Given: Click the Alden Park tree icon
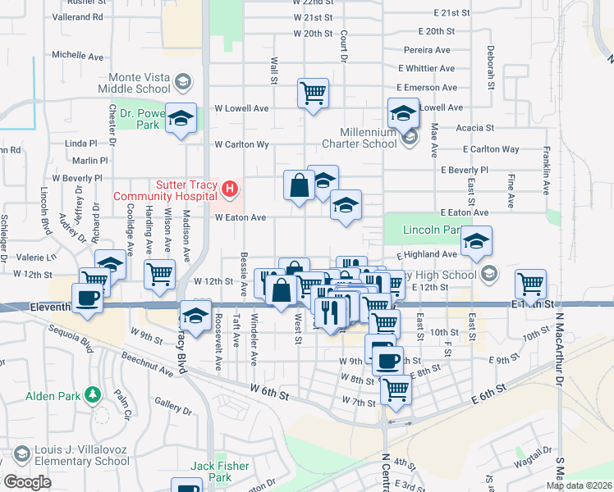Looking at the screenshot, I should point(94,396).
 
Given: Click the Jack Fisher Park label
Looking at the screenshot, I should point(219,471).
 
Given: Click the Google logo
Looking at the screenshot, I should point(26,482).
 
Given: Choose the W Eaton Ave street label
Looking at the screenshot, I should point(241,218).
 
